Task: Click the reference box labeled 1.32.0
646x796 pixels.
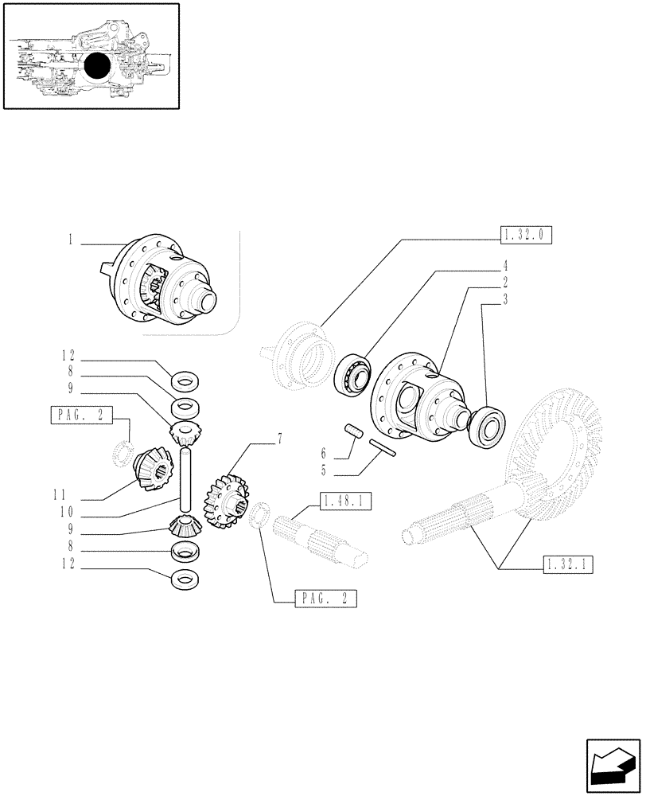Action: pyautogui.click(x=526, y=234)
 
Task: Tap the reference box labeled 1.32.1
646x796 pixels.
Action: pyautogui.click(x=570, y=565)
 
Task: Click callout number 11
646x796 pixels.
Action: pyautogui.click(x=68, y=493)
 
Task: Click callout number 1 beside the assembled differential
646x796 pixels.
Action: pyautogui.click(x=71, y=239)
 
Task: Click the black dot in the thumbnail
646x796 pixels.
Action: pyautogui.click(x=95, y=68)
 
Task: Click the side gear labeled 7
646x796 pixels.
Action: pyautogui.click(x=224, y=501)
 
